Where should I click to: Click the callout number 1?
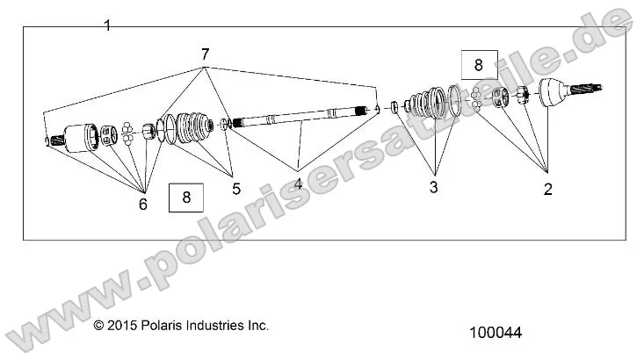tap(107, 25)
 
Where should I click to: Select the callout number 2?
tap(547, 189)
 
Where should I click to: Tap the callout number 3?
tap(433, 187)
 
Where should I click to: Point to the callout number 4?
tap(298, 184)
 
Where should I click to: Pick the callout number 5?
tap(235, 188)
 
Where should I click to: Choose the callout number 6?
tap(143, 204)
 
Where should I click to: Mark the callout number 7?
tap(205, 54)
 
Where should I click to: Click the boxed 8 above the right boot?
tap(479, 64)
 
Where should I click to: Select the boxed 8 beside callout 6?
tap(185, 197)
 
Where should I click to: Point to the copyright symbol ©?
tap(98, 326)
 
